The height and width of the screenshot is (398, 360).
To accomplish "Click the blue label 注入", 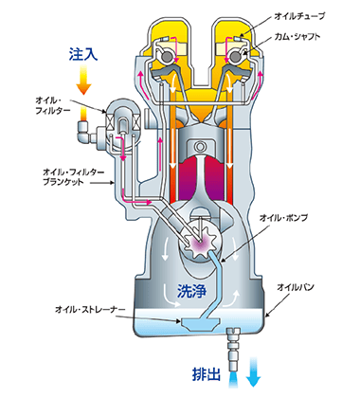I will coord(83,55).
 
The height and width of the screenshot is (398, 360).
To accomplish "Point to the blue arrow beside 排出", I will coord(253,373).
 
